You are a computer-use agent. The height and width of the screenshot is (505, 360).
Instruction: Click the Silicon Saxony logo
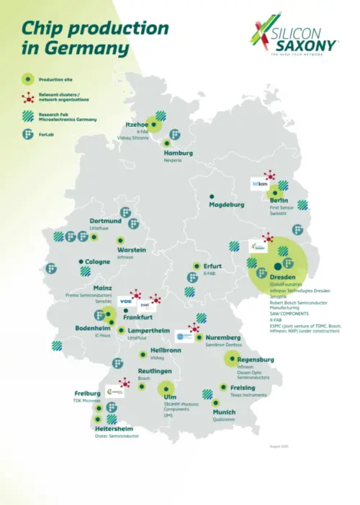294,37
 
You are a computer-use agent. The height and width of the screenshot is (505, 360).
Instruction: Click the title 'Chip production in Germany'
94,39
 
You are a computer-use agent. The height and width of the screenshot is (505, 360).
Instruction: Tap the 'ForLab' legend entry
47,134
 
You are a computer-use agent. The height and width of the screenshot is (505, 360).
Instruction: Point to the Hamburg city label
178,153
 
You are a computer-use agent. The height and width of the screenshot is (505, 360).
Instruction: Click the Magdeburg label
226,204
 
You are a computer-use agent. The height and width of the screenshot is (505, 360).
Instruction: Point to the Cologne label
98,262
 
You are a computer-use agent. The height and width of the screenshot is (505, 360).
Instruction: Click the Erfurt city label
212,266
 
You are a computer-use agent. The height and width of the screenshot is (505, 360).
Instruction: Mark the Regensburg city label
256,359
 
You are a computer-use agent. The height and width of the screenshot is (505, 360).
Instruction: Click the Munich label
224,412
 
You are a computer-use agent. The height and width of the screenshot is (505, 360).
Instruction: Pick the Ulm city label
170,397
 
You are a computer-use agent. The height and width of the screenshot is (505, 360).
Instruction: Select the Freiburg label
87,393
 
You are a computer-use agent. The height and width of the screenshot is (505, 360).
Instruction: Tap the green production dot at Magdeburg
212,196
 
